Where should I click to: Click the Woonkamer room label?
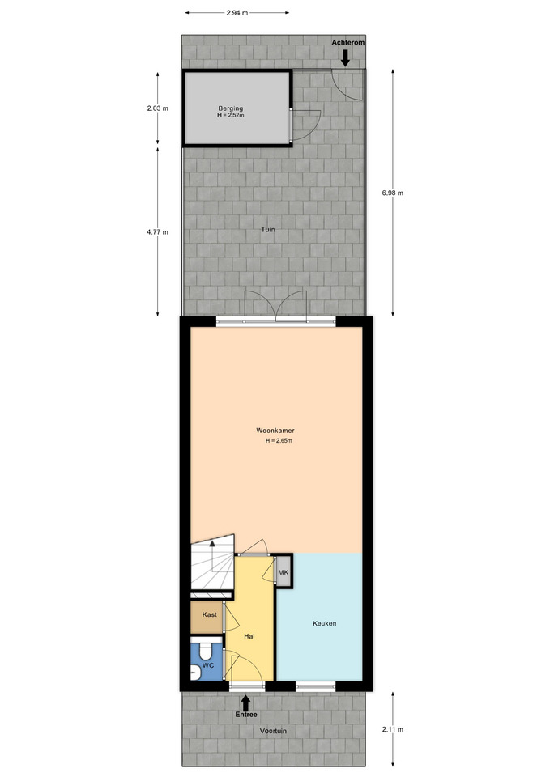(x=275, y=430)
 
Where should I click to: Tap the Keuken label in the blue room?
(x=324, y=623)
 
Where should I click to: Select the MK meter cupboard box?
(x=284, y=572)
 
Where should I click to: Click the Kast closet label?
(x=209, y=614)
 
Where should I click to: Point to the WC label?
(x=208, y=665)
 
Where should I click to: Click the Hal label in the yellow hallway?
(x=249, y=636)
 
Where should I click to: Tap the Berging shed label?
(x=231, y=108)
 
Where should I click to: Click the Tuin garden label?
(x=268, y=229)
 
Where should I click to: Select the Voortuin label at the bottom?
(x=273, y=731)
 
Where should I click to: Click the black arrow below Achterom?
(x=345, y=59)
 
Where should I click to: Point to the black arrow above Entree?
(x=245, y=703)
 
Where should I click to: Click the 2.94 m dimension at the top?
(x=237, y=14)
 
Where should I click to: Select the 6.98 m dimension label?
(x=392, y=193)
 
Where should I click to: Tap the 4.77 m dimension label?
(x=158, y=231)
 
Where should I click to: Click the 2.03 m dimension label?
(x=158, y=108)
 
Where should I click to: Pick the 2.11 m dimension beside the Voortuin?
(x=393, y=729)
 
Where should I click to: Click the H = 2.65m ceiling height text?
(x=279, y=440)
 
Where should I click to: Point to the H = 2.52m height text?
(x=231, y=115)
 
